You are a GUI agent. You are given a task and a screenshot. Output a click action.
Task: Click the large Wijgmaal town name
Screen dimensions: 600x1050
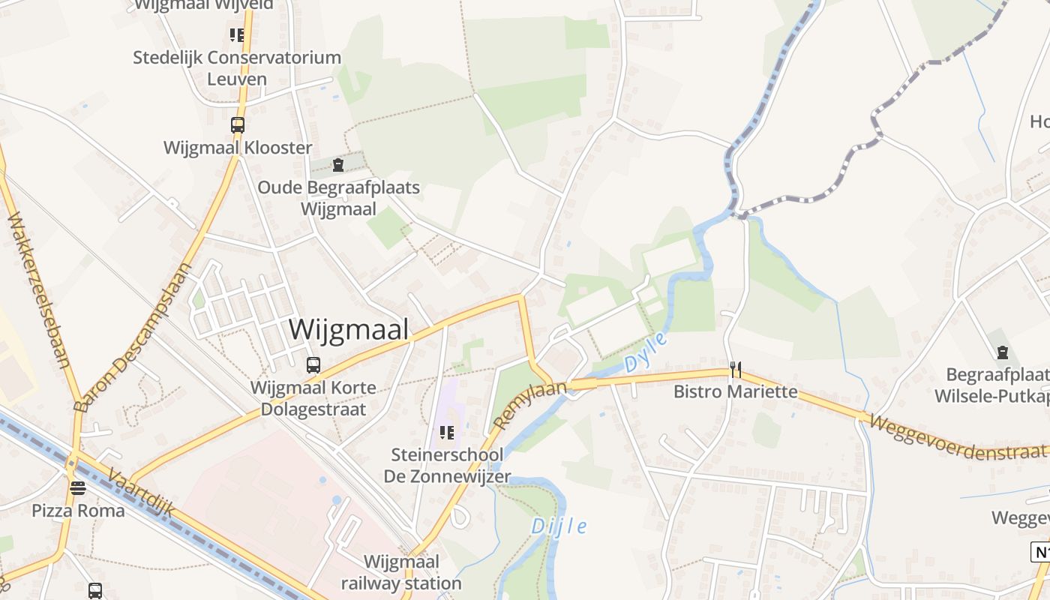tap(349, 329)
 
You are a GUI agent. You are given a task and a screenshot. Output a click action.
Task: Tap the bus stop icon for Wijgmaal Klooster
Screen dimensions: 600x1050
tap(238, 125)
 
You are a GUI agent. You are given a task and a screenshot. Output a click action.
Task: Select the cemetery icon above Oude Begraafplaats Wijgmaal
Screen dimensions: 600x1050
tap(338, 165)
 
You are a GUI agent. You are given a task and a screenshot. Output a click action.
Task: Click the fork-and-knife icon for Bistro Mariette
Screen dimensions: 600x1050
tap(736, 369)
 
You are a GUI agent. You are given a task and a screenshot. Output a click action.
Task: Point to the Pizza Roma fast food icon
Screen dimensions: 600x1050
tap(78, 488)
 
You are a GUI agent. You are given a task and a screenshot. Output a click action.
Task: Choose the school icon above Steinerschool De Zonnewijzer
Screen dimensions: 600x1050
tap(447, 432)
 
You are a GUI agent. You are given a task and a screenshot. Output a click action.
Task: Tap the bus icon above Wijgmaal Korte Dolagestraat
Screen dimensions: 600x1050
tap(313, 365)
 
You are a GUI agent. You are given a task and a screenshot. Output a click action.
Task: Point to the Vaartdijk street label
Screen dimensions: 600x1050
tap(141, 492)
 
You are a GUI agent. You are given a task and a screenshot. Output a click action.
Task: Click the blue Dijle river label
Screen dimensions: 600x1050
tap(559, 526)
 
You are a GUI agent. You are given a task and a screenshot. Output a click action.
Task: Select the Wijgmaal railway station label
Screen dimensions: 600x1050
tap(401, 572)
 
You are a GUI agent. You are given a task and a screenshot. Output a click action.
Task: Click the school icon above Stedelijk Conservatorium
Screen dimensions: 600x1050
tap(237, 34)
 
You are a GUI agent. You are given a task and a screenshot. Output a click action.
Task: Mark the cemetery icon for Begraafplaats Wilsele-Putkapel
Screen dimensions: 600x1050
tap(1002, 352)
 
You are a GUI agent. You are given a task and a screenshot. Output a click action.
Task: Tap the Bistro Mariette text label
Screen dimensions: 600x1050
tap(735, 391)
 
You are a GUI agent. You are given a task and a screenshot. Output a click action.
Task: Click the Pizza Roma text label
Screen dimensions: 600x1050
tap(77, 511)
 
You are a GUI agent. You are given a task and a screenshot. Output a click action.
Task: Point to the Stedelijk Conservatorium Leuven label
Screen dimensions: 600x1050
tap(237, 67)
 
